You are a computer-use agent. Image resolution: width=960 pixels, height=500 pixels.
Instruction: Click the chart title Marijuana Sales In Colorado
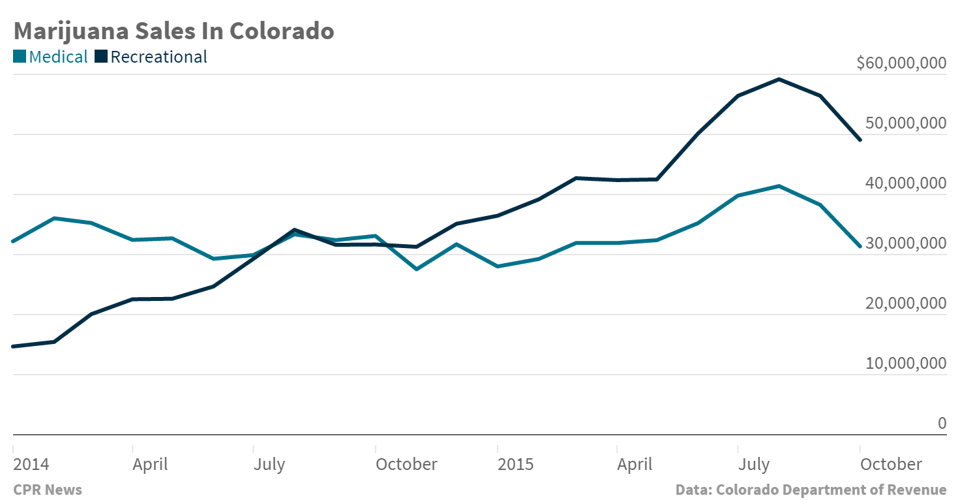coord(173,31)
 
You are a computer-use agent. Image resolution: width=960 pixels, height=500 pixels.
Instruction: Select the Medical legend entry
coord(50,57)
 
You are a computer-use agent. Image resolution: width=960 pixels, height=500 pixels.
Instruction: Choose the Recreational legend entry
coord(151,57)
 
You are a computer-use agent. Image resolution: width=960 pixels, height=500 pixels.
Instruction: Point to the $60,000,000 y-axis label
coord(901,63)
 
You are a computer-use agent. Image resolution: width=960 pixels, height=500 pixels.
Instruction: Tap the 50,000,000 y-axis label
coord(905,123)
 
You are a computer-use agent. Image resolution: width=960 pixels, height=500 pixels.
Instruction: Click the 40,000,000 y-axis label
coord(905,183)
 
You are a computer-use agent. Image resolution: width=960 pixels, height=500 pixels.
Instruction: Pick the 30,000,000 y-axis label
coord(905,243)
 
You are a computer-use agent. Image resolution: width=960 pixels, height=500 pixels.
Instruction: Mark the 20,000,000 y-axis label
coord(905,304)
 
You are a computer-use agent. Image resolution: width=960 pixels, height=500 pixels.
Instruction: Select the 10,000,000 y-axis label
coord(905,364)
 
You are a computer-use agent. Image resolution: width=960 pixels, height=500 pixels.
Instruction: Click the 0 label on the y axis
coord(942,423)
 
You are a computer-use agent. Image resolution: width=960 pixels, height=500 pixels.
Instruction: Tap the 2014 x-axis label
coord(31,464)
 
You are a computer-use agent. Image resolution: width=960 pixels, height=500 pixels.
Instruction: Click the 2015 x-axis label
coord(515,464)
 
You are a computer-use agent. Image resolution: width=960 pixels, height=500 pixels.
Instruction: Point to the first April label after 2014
coord(150,464)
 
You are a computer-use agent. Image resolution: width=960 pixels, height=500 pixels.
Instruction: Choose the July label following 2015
coord(754,464)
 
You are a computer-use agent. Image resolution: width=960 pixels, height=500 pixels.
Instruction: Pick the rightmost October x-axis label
coord(891,464)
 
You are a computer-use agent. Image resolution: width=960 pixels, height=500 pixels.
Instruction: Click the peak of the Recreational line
coord(779,79)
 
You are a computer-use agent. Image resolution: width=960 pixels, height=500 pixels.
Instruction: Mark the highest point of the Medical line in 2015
coord(779,186)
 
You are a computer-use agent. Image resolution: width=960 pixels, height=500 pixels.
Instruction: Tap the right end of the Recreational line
coord(860,140)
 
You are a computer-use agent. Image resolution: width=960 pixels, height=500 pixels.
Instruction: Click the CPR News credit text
coord(48,490)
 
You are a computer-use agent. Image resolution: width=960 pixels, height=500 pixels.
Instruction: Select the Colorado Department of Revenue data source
coord(811,490)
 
